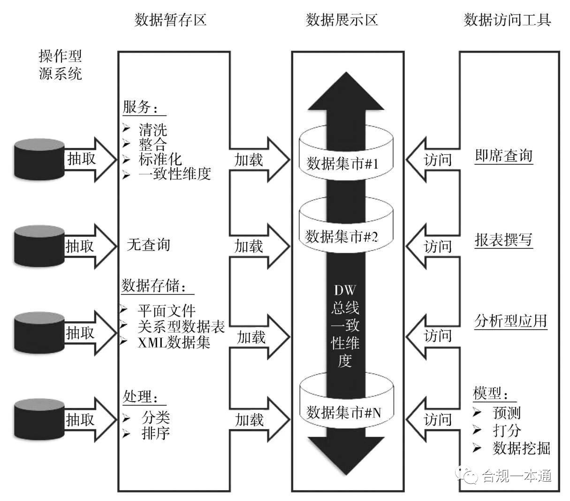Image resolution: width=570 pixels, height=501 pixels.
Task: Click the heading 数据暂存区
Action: click(x=170, y=20)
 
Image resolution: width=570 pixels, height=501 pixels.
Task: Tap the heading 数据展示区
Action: click(x=342, y=20)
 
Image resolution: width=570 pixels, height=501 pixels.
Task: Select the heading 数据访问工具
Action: click(x=507, y=20)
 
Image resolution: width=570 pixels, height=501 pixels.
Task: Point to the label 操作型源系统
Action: click(x=60, y=65)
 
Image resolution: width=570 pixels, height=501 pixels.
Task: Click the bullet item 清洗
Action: click(x=153, y=130)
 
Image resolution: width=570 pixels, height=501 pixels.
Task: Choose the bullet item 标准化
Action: click(x=160, y=159)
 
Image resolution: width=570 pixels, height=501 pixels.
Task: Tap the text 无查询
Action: click(x=148, y=245)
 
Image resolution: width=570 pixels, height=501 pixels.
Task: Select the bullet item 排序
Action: click(x=156, y=433)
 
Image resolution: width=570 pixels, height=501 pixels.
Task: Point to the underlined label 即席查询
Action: click(x=503, y=156)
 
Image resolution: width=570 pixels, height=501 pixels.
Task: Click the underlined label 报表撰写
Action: click(x=503, y=240)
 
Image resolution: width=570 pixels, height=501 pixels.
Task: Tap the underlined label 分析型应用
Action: click(x=510, y=321)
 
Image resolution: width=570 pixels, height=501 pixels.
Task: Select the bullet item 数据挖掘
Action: click(x=521, y=448)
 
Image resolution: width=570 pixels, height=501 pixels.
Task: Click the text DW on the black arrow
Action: click(x=345, y=290)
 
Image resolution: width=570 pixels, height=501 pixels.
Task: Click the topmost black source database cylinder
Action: click(x=39, y=159)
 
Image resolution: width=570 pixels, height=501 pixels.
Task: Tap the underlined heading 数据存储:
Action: click(x=153, y=285)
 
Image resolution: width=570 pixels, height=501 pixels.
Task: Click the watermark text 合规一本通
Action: click(x=517, y=476)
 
